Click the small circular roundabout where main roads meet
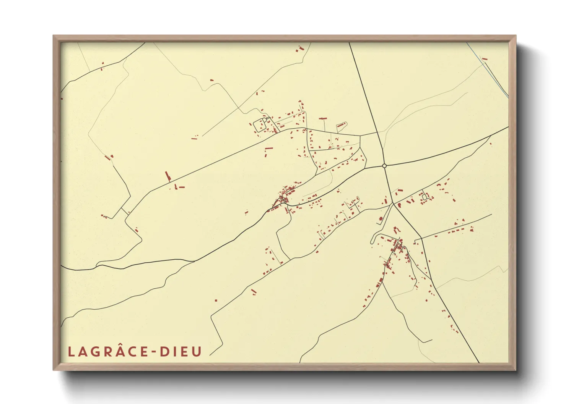click(384, 166)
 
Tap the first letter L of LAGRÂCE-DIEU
click(71, 352)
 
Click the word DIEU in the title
click(181, 352)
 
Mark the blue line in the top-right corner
click(493, 73)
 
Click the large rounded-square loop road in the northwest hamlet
click(260, 125)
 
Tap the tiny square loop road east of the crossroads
click(424, 197)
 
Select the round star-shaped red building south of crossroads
click(381, 218)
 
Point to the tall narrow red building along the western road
click(167, 176)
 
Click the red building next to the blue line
click(485, 59)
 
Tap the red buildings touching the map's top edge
click(300, 48)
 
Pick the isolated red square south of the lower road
click(216, 301)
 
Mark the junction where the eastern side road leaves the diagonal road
click(421, 239)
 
